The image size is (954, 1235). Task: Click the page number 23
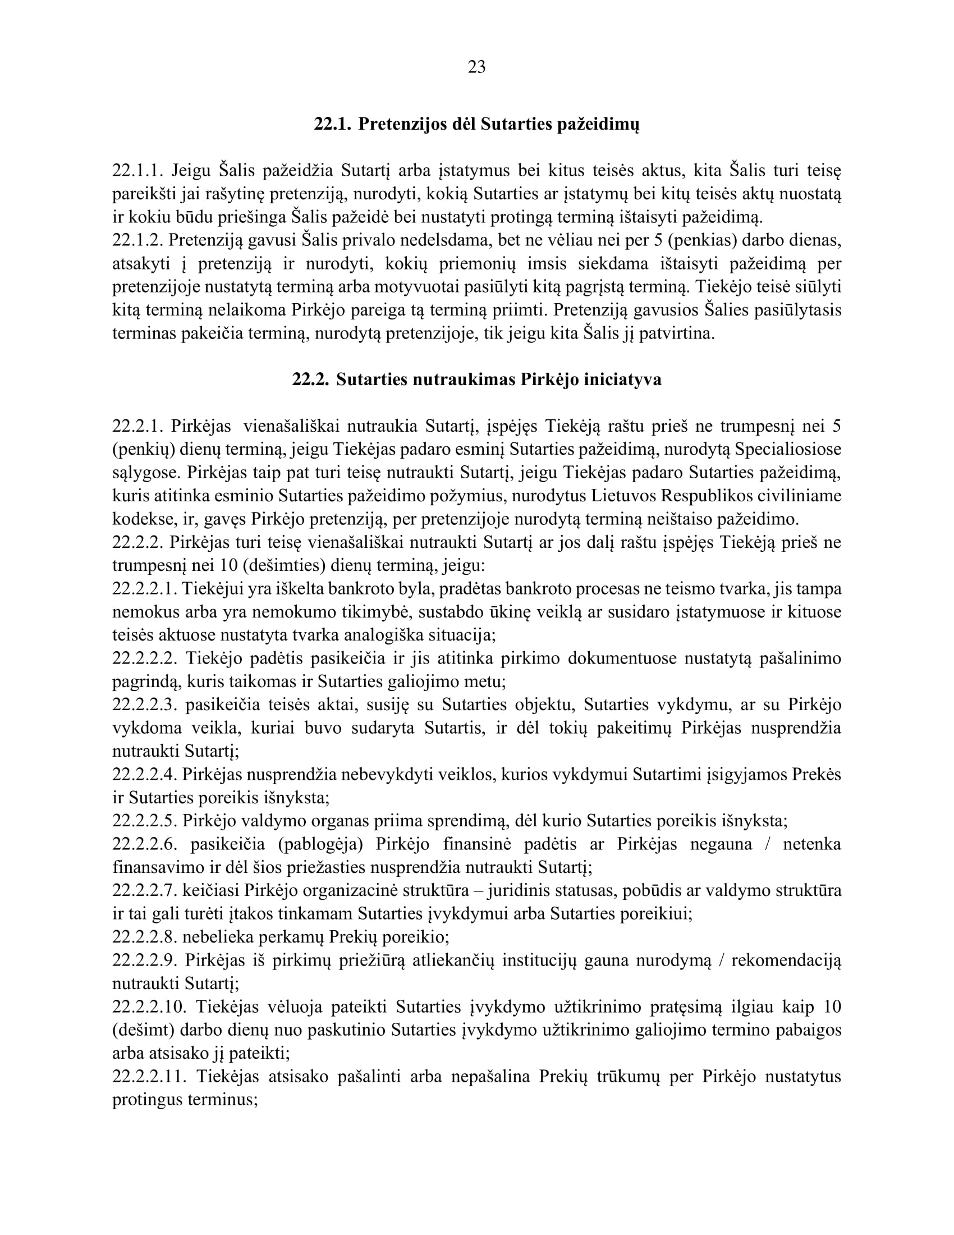tap(476, 67)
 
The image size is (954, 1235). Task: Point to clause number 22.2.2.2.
tap(145, 658)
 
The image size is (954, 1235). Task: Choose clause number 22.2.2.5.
tap(145, 821)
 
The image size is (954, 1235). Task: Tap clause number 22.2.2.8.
tap(145, 937)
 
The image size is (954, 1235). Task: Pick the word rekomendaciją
tap(786, 960)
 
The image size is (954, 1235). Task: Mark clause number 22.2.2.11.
tap(149, 1076)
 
